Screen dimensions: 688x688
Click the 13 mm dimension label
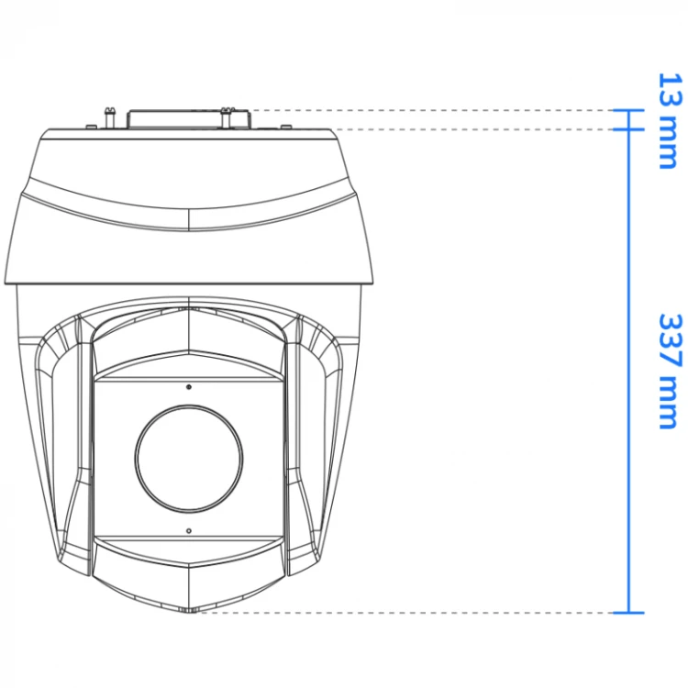pyautogui.click(x=670, y=121)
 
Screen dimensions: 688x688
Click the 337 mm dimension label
pyautogui.click(x=670, y=372)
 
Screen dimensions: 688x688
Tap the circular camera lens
pyautogui.click(x=189, y=459)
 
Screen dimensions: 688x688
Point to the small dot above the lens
pyautogui.click(x=189, y=387)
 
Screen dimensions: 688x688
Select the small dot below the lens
pyautogui.click(x=189, y=530)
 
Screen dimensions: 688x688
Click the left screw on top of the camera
pyautogui.click(x=110, y=117)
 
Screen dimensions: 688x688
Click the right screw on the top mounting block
pyautogui.click(x=226, y=118)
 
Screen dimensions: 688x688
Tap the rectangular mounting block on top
pyautogui.click(x=189, y=119)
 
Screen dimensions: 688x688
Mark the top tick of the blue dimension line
pyautogui.click(x=628, y=111)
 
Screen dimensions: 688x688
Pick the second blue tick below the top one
pyautogui.click(x=628, y=129)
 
